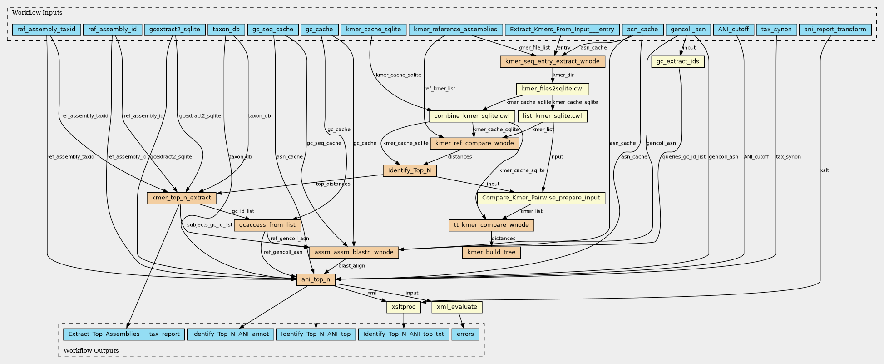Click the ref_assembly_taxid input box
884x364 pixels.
(47, 30)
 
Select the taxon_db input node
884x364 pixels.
(226, 30)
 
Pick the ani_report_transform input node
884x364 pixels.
(835, 30)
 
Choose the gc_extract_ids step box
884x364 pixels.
(678, 61)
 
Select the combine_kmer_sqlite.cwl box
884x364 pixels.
(472, 116)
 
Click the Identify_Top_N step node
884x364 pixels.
(410, 171)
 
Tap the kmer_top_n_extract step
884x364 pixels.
(182, 198)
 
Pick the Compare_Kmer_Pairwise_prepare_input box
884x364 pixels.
(541, 198)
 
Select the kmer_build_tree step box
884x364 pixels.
(491, 252)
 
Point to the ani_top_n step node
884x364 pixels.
(316, 279)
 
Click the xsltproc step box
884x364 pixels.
(404, 307)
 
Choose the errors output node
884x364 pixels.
(465, 334)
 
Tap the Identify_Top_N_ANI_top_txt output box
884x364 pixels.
(404, 334)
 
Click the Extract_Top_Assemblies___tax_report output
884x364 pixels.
(124, 334)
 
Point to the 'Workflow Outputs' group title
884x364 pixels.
(91, 351)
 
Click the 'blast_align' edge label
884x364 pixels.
(351, 266)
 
